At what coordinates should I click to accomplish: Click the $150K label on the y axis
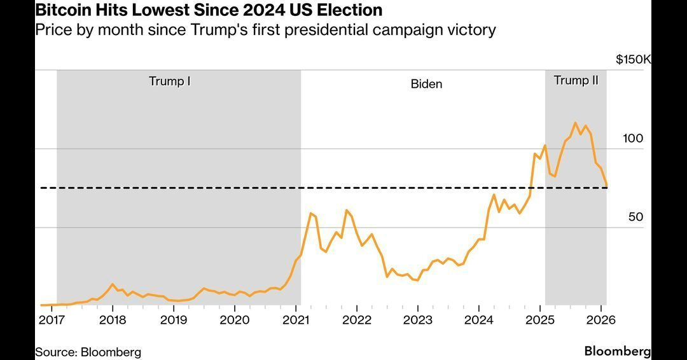tap(633, 60)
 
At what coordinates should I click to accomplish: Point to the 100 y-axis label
tap(633, 139)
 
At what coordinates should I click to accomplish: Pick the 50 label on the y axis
tap(635, 217)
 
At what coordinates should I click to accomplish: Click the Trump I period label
tap(170, 81)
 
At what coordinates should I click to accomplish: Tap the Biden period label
tap(426, 84)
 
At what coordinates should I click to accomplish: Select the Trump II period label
tap(576, 81)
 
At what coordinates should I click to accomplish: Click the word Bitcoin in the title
tap(61, 10)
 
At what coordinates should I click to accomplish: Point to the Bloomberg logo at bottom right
tap(617, 351)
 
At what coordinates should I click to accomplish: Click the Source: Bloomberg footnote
tap(88, 352)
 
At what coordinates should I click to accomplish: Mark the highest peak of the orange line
tap(575, 123)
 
